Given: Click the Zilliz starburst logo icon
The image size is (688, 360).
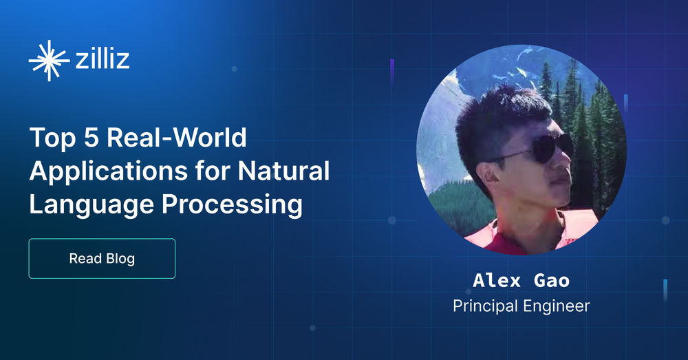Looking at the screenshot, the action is click(x=49, y=61).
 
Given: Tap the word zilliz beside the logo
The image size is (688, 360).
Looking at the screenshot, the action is click(x=103, y=59).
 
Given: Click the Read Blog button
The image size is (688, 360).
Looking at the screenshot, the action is click(x=102, y=259).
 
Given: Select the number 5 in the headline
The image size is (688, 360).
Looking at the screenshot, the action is click(x=92, y=138).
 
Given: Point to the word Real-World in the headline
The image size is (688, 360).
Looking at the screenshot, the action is click(x=176, y=138).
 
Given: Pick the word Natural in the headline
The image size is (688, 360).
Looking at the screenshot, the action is click(x=283, y=171).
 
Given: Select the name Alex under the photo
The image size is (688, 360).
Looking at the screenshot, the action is click(x=497, y=281).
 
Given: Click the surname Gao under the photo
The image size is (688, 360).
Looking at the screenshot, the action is click(x=552, y=281).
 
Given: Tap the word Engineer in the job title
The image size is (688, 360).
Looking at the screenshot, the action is click(x=557, y=307).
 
